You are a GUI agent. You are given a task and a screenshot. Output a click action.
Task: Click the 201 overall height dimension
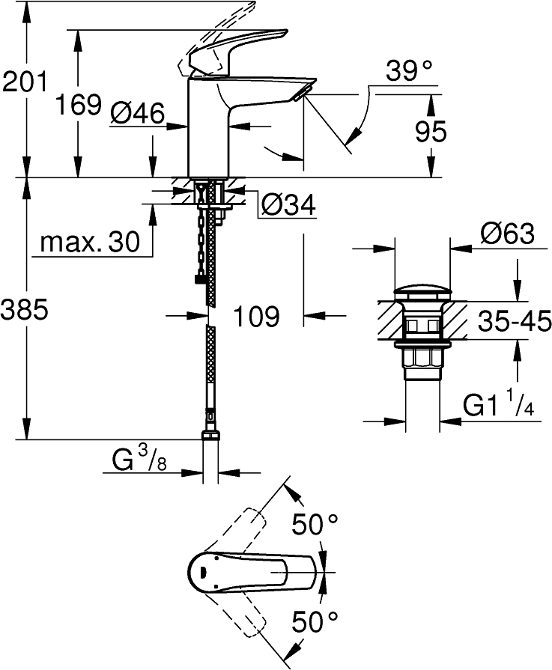pos(25,80)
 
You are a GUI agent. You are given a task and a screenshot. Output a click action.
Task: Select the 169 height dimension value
pos(79,104)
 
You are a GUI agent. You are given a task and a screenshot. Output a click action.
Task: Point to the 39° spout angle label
pos(410,73)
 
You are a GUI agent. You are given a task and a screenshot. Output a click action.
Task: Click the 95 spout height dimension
pos(430,132)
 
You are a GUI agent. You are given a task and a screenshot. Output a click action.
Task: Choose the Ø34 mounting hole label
pos(288,204)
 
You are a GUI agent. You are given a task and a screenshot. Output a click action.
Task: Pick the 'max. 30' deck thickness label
pos(90,242)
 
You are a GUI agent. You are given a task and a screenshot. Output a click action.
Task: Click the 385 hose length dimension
pos(25,308)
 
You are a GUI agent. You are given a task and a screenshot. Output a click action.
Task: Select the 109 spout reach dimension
pos(254,317)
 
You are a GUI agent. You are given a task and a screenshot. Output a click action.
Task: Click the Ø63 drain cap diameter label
pos(508,234)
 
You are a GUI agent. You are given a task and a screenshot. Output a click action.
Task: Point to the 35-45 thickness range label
pos(514,322)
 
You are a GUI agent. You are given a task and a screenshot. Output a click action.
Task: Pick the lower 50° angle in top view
pos(315,621)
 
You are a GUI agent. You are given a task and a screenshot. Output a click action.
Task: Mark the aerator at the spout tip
pos(301,94)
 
